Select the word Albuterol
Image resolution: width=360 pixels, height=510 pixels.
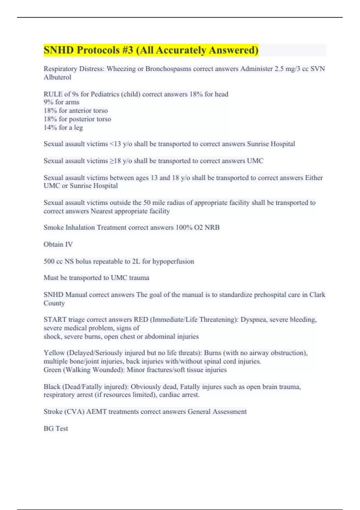point(57,77)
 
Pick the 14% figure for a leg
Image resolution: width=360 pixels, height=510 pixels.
point(50,127)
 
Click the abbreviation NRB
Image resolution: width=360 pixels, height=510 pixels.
point(212,227)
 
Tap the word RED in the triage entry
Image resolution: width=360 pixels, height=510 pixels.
point(141,320)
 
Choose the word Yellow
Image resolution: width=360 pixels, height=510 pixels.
point(54,353)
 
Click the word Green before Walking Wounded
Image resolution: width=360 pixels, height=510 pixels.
point(52,370)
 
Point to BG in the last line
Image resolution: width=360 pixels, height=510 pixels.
point(48,428)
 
